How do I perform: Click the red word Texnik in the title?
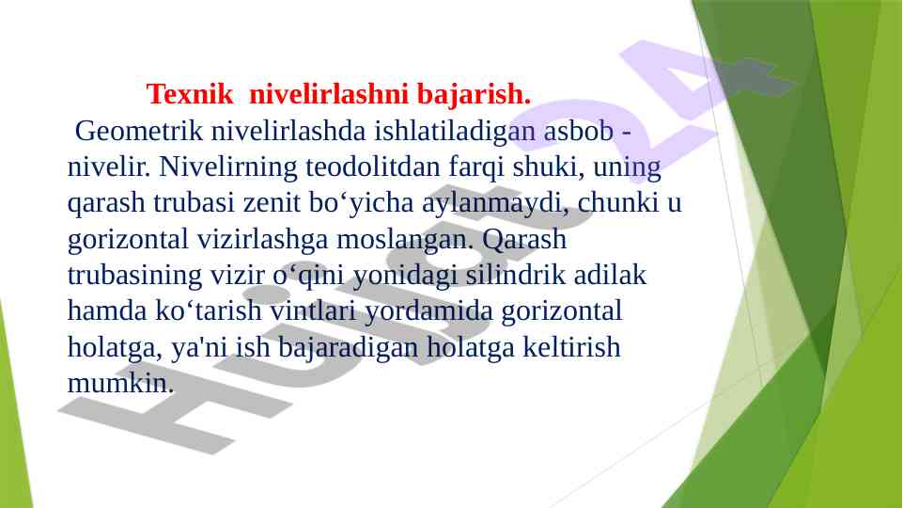(190, 94)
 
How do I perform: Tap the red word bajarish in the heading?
(471, 95)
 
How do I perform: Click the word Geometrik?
(139, 131)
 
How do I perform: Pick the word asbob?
(578, 131)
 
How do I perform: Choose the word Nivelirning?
(228, 167)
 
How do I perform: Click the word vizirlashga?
(262, 240)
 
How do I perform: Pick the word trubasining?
(134, 276)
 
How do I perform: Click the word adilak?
(610, 275)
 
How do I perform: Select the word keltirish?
(571, 347)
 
